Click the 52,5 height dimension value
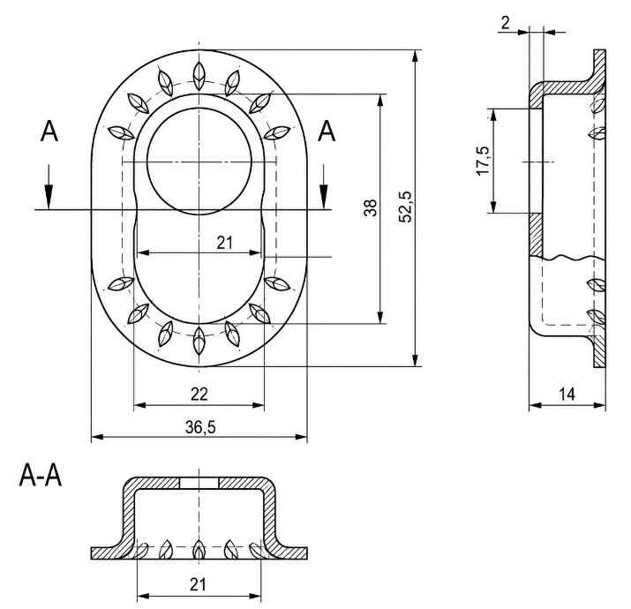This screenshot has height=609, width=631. point(405,207)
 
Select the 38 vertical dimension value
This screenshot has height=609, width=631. point(371,207)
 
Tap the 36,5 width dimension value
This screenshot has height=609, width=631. point(200,427)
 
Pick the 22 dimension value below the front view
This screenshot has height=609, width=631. point(199,395)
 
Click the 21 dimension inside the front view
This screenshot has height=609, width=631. point(224,243)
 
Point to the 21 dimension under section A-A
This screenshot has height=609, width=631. point(198,584)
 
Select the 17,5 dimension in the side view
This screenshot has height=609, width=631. point(483,161)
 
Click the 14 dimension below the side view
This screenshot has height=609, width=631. point(567,394)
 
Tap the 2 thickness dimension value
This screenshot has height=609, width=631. point(506,23)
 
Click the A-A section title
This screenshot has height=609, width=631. point(41,476)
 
